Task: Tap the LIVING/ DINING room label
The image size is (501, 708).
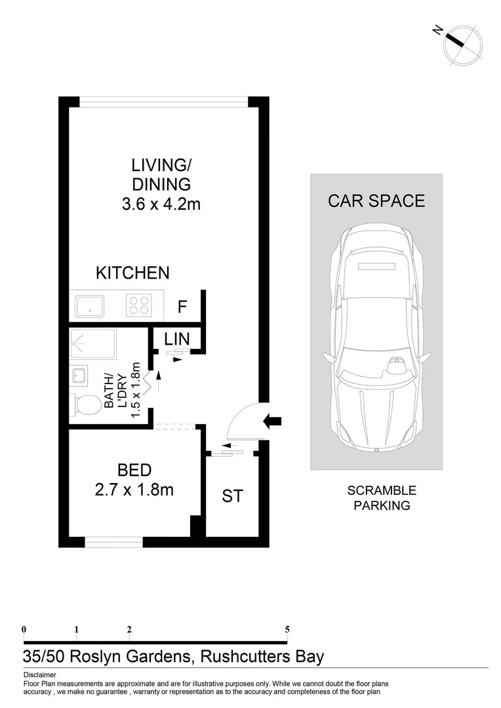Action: point(161,174)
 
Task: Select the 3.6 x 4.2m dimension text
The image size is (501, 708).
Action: point(161,205)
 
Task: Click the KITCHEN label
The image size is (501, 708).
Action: point(132,273)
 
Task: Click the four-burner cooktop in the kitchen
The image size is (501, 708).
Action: point(138,305)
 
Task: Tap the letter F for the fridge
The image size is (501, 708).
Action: point(183,306)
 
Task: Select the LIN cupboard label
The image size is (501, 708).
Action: point(177,339)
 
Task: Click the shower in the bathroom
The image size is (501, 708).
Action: point(92,344)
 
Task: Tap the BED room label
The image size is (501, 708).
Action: point(134,469)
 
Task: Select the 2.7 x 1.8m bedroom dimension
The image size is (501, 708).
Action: point(134,489)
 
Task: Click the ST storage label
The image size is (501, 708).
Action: point(232,496)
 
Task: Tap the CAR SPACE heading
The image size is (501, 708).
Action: point(376,201)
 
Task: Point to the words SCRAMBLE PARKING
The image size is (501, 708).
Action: point(382,498)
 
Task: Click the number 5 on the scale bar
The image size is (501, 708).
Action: point(287,629)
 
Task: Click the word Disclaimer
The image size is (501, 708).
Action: point(39,675)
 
